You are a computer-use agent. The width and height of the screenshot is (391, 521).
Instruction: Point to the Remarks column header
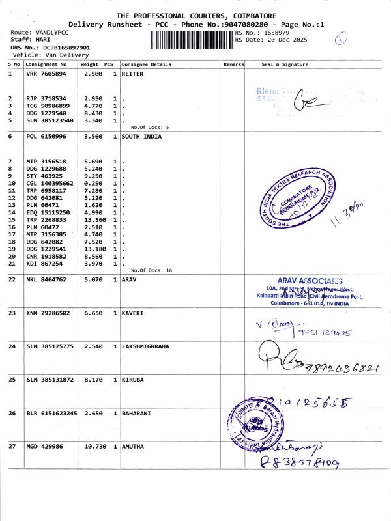(x=233, y=64)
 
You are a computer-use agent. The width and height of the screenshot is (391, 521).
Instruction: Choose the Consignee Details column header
(x=147, y=64)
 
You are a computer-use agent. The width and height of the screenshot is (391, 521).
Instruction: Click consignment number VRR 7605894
(x=46, y=74)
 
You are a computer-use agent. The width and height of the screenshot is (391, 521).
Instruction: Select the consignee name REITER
(x=132, y=74)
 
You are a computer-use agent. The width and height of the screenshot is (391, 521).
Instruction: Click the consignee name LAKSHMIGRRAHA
(x=145, y=346)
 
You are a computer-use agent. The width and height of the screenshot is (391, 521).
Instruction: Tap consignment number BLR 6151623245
(x=51, y=413)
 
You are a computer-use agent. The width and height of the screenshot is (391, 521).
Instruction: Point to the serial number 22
(x=12, y=279)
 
